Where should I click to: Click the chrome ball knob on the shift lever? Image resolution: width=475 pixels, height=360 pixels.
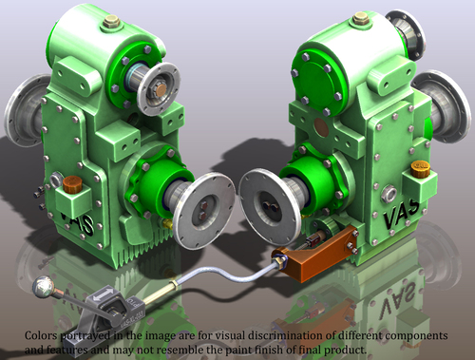(x=43, y=287)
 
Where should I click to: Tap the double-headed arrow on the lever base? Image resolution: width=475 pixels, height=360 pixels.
(x=103, y=294)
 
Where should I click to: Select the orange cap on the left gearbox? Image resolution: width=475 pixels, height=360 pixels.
(x=72, y=184)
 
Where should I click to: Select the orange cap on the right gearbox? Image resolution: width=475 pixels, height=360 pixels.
(x=420, y=169)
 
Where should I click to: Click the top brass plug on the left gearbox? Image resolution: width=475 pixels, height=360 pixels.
(x=111, y=21)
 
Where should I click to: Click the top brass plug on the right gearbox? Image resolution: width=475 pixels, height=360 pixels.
(x=361, y=18)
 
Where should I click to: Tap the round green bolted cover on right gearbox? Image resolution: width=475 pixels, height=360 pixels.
(x=317, y=81)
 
